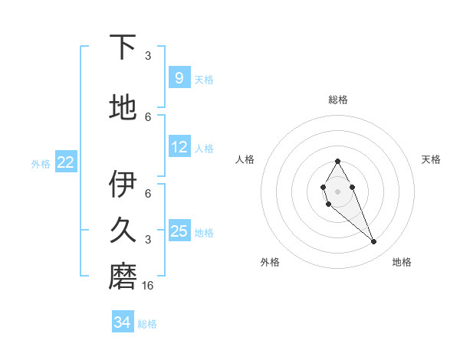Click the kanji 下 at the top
click(x=123, y=47)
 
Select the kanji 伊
click(x=123, y=185)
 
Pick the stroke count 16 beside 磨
click(x=148, y=285)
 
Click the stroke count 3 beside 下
click(x=148, y=55)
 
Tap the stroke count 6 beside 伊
click(x=148, y=193)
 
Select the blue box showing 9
click(x=179, y=77)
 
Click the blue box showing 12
click(x=179, y=147)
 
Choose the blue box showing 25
click(x=179, y=231)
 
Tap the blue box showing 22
click(x=66, y=162)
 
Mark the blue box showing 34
click(x=123, y=322)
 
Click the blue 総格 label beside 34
click(x=147, y=324)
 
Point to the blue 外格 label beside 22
click(x=41, y=163)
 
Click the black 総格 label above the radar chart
click(x=338, y=100)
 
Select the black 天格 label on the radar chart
click(x=431, y=159)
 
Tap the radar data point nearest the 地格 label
click(x=373, y=242)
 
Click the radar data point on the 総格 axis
click(x=337, y=161)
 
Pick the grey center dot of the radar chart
click(x=337, y=191)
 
